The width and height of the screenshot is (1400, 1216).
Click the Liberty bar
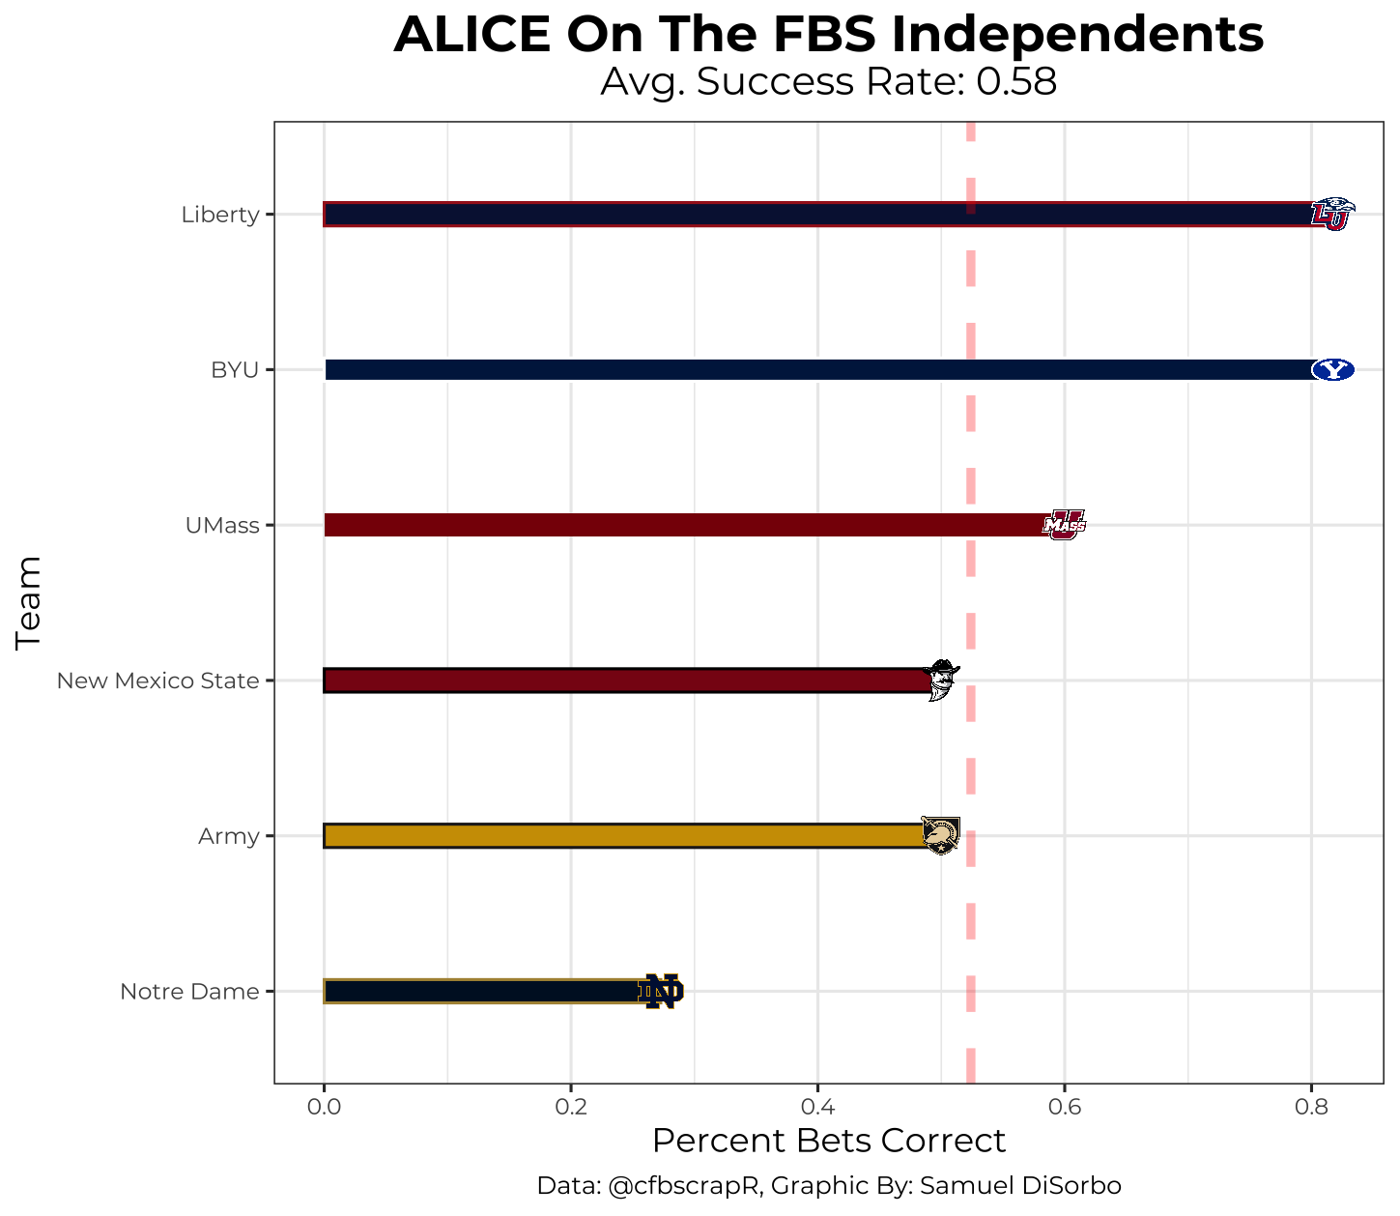816,215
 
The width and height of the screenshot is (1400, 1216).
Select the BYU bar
816,369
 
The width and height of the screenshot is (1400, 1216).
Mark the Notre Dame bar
483,992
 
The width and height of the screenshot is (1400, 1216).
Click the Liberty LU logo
1332,215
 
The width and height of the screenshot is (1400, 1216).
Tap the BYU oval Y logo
1332,369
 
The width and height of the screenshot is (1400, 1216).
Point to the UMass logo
1064,525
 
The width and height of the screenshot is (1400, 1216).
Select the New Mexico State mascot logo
941,680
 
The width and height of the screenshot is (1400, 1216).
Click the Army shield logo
940,835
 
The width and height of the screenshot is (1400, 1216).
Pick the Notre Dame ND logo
661,992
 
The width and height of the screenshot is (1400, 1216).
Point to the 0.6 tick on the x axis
1064,1106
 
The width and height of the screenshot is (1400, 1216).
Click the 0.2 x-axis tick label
571,1106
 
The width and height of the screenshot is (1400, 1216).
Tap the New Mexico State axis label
157,680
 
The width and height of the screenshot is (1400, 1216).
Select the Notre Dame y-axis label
189,992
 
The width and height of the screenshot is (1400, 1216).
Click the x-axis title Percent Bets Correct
829,1141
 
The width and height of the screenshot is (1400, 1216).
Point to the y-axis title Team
29,602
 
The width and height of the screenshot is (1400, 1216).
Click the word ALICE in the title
471,36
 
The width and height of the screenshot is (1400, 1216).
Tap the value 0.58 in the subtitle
1015,82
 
